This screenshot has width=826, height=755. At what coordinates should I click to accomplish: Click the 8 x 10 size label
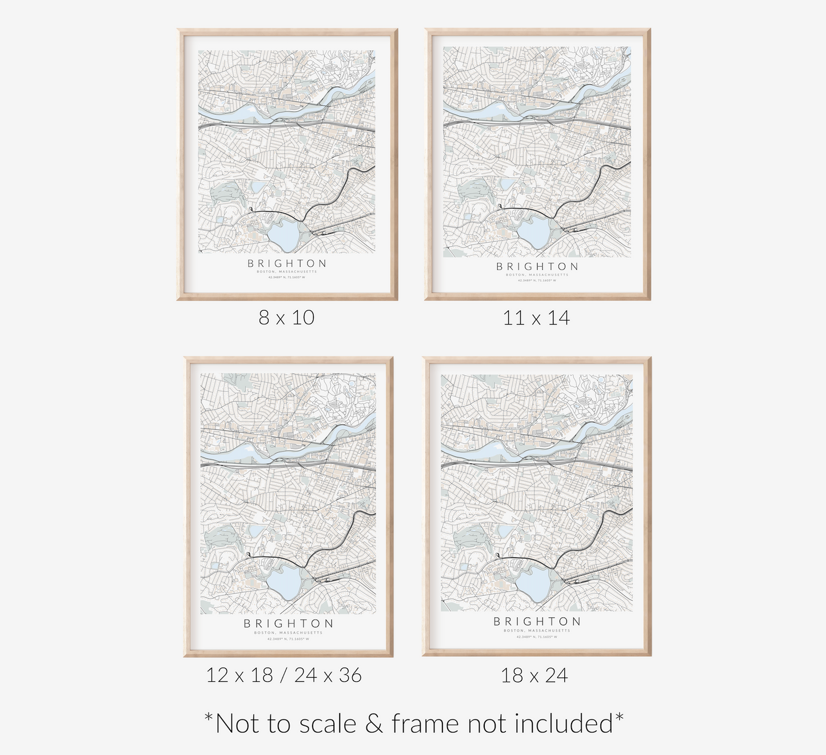(x=286, y=318)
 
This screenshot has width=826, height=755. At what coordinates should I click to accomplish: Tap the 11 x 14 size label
(x=536, y=318)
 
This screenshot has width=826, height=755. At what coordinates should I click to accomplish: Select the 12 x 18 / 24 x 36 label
(x=284, y=675)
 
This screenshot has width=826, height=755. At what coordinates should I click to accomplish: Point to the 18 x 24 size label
(x=534, y=676)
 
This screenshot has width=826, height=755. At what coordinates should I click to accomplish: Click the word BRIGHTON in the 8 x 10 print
(x=287, y=263)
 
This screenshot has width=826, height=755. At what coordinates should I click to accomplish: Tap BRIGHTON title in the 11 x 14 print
(x=537, y=266)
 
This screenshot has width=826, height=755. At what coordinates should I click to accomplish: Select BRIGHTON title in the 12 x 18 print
(x=288, y=623)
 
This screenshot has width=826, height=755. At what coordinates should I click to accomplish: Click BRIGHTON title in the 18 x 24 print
(x=537, y=621)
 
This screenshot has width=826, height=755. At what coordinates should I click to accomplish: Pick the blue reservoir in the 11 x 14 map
(x=533, y=232)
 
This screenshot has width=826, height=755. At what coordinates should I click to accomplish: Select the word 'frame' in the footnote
(x=426, y=724)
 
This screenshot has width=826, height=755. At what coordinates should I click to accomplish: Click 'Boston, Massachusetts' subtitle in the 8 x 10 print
(x=287, y=272)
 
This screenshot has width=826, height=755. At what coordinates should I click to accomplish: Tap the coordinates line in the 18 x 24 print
(x=537, y=636)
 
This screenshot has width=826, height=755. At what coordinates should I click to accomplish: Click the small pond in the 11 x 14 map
(x=507, y=184)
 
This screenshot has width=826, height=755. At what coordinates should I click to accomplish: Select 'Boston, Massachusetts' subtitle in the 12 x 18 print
(x=288, y=633)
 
